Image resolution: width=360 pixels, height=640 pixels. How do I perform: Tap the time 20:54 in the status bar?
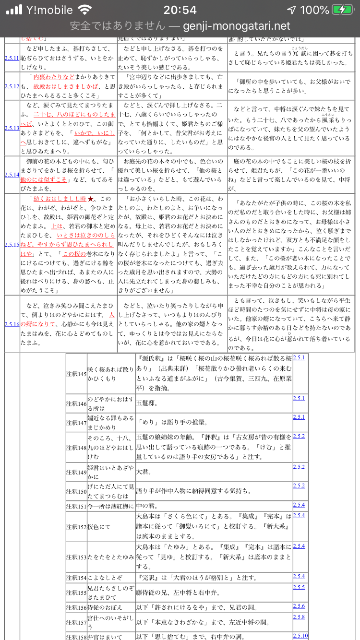[180, 10]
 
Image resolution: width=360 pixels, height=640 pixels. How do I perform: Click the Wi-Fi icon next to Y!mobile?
[85, 10]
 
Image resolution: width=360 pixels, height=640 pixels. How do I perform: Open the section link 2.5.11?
[12, 58]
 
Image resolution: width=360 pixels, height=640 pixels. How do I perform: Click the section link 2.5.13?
[12, 128]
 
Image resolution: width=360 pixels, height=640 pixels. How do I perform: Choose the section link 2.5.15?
[12, 245]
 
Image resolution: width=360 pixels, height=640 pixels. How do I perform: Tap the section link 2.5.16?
[12, 324]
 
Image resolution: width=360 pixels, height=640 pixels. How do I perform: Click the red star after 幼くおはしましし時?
[91, 199]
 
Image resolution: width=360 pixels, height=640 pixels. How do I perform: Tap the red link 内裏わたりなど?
[54, 77]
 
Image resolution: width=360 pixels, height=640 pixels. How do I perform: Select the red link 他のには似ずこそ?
[44, 179]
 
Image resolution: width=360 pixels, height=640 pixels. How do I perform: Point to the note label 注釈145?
[76, 374]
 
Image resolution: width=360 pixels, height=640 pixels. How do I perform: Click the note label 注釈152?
[76, 526]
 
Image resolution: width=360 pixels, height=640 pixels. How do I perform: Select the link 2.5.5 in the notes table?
[299, 587]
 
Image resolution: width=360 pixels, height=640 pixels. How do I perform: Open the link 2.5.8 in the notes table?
[299, 616]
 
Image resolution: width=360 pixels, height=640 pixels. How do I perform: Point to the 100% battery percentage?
[314, 10]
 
